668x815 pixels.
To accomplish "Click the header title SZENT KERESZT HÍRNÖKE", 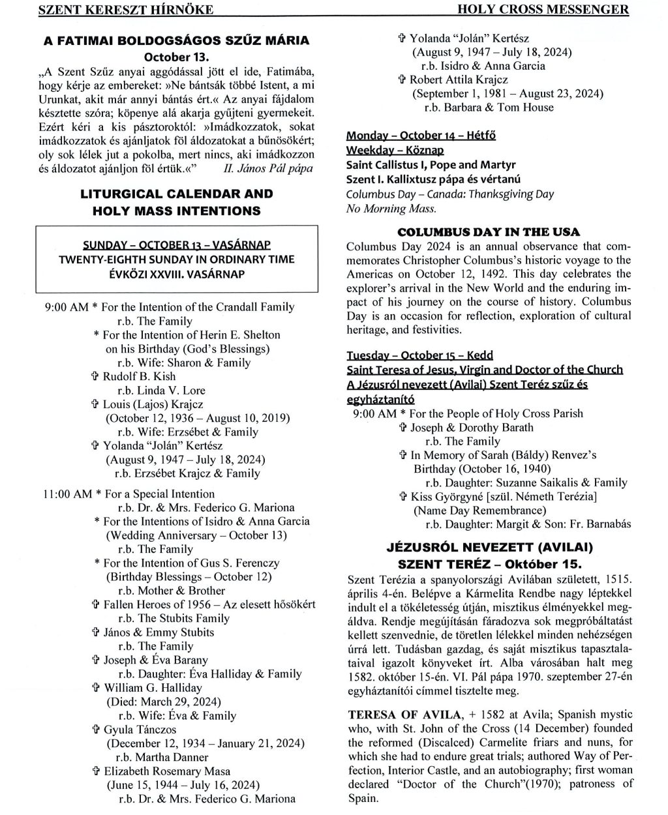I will [x=126, y=9].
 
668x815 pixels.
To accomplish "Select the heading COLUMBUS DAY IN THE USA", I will [x=489, y=232].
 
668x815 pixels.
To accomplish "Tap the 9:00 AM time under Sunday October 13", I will [x=66, y=306].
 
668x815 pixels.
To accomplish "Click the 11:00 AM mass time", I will [x=67, y=494].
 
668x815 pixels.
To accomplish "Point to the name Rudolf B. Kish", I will [x=139, y=376].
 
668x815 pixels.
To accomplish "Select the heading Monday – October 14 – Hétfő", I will [x=421, y=136].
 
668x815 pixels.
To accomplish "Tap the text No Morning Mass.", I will [x=391, y=209].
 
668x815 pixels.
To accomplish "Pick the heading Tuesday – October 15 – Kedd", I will [x=419, y=355].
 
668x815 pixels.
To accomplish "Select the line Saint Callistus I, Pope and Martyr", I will [x=431, y=165].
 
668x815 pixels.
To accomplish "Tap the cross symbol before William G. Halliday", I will [x=96, y=687].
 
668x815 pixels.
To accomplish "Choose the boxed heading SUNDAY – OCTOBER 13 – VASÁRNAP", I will [x=176, y=244].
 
